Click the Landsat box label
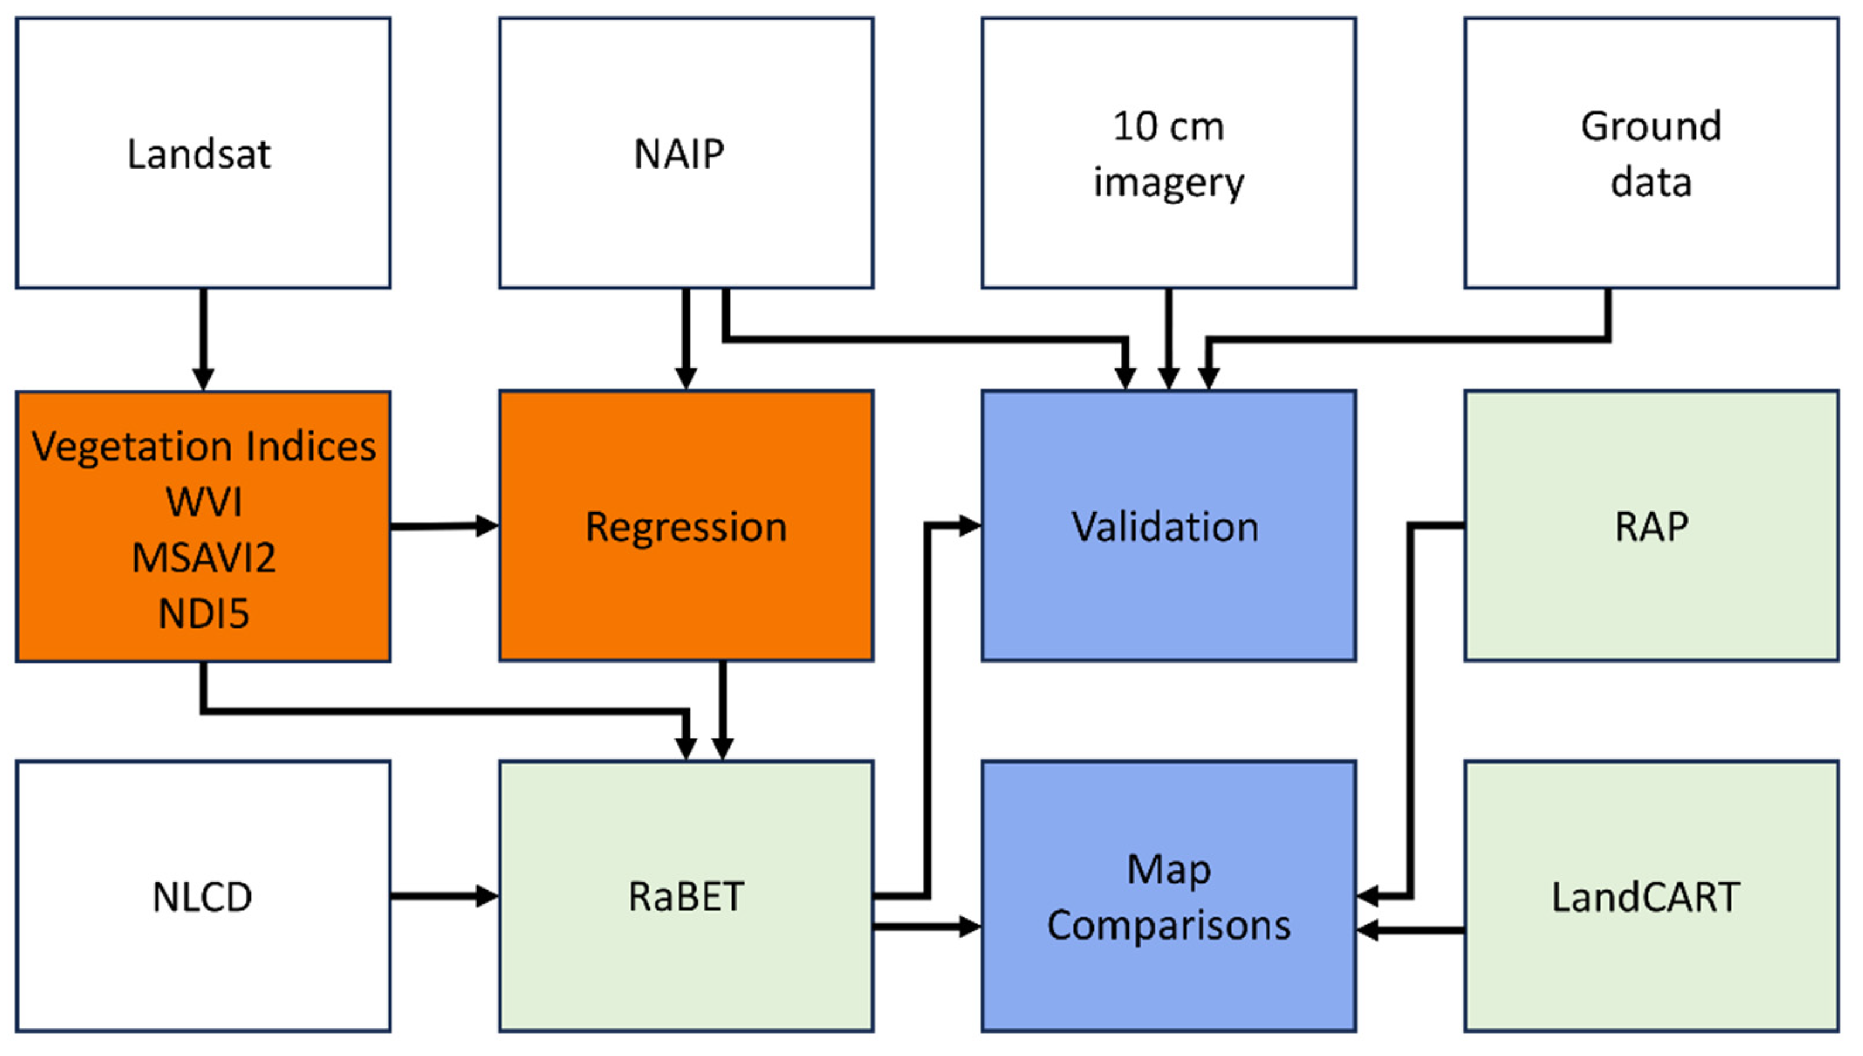pyautogui.click(x=200, y=155)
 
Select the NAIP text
pyautogui.click(x=679, y=155)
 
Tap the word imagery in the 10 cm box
pyautogui.click(x=1168, y=183)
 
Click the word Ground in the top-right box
pyautogui.click(x=1650, y=127)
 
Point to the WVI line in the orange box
pyautogui.click(x=204, y=502)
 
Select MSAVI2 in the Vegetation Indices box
pyautogui.click(x=204, y=558)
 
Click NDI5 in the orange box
pyautogui.click(x=204, y=614)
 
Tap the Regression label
pyautogui.click(x=685, y=527)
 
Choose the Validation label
pyautogui.click(x=1165, y=527)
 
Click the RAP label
pyautogui.click(x=1650, y=527)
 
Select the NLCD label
pyautogui.click(x=203, y=897)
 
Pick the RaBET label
pyautogui.click(x=685, y=897)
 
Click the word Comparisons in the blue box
pyautogui.click(x=1168, y=926)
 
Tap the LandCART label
pyautogui.click(x=1645, y=897)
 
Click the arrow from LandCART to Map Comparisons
pyautogui.click(x=1410, y=930)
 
